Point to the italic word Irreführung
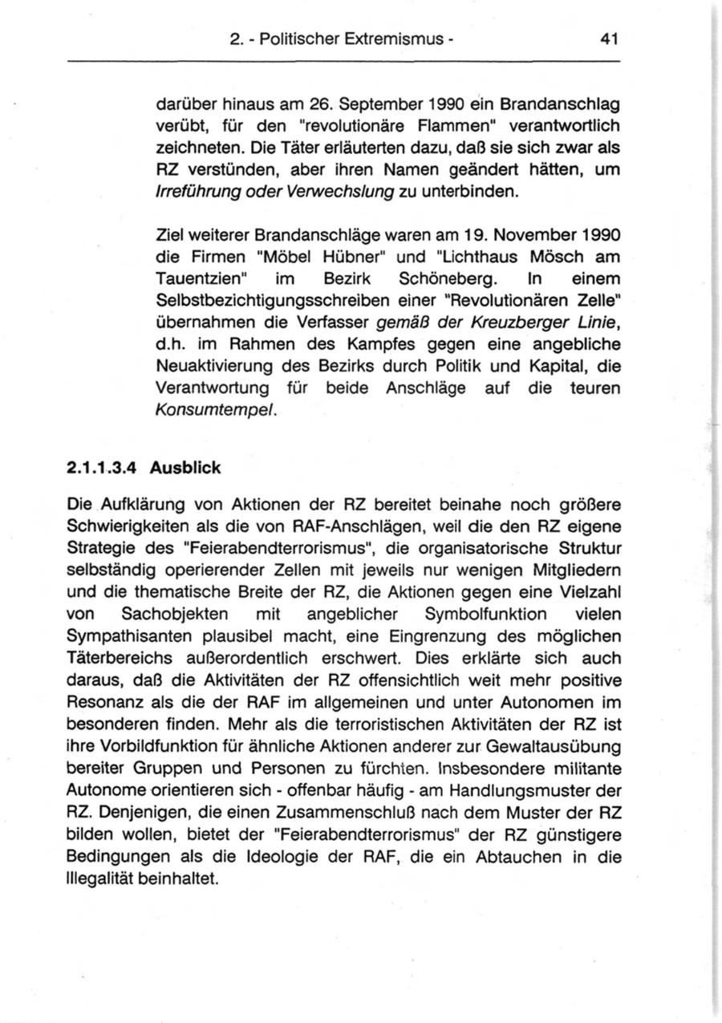tap(193, 192)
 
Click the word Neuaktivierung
tap(206, 367)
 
